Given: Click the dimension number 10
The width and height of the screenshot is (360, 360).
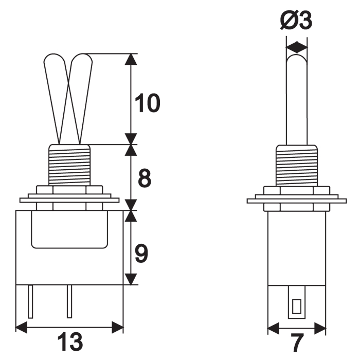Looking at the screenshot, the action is coord(147,103).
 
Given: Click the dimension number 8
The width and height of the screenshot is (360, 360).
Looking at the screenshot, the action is coord(145,178).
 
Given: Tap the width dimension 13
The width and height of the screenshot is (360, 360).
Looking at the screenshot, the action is coord(70,342).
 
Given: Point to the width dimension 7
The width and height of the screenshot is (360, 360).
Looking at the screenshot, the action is coord(297,343).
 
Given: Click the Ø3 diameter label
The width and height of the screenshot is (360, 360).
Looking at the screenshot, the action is coord(296,20).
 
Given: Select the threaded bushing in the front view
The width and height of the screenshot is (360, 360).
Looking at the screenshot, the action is coord(69,165).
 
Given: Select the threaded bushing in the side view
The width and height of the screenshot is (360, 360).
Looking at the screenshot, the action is coord(297,166).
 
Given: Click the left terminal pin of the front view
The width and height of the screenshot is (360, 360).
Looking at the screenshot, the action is coord(30,301).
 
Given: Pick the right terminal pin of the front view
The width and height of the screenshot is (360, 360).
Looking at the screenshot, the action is coord(69,301).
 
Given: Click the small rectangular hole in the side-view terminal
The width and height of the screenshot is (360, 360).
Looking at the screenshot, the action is coord(296,307).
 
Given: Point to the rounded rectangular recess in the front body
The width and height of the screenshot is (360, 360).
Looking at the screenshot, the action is coord(69,229).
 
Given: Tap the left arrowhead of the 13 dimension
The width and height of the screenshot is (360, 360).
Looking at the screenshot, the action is coord(21,327).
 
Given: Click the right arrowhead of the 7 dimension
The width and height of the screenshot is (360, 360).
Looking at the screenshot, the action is coord(320,328).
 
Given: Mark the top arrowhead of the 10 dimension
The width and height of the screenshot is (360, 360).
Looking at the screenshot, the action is coord(131,59).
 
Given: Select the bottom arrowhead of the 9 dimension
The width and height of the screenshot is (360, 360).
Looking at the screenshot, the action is coord(131,279).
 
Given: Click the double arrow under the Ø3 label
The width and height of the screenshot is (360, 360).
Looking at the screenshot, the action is coord(297,47).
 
